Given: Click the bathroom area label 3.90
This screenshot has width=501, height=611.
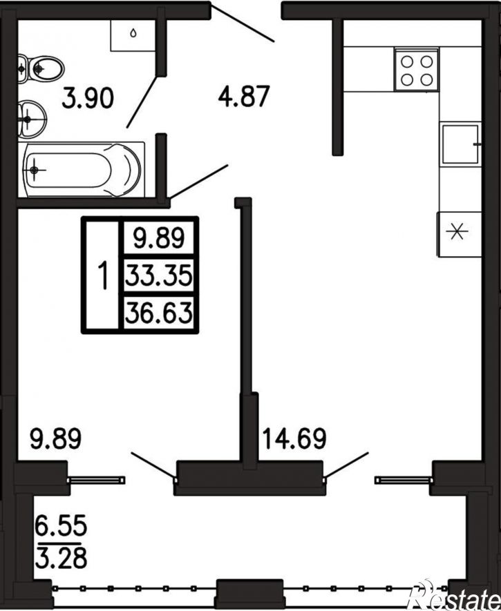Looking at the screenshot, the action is pos(88,98).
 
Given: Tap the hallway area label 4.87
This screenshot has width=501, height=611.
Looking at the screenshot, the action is pos(244,96).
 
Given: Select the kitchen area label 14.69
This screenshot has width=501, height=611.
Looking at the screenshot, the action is pos(294,438).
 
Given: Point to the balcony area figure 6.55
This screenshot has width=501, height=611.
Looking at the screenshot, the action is pos(61,525).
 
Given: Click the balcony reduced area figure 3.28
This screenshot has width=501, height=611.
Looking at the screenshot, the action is pos(61,558).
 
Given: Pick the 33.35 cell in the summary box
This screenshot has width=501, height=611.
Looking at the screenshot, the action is pos(159,275).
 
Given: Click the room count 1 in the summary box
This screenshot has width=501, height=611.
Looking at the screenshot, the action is pos(102,275).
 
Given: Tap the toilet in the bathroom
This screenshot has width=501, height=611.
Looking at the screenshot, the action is pos(41,69).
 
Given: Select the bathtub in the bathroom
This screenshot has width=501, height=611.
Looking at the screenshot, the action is pos(82,170).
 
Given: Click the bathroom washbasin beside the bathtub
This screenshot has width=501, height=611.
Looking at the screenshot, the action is pos(32,119).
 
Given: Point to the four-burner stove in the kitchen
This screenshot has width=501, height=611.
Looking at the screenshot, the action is pos(417,70).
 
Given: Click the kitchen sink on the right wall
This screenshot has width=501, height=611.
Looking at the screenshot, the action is pos(460,144).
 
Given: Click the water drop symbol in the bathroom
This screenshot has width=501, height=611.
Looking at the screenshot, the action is pos(133,34).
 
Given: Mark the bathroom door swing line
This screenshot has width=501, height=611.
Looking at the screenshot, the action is pos(142,102).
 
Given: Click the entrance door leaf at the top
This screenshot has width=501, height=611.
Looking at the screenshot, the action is pos(243,23).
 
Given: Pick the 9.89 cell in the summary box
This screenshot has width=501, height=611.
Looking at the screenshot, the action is pos(159,237).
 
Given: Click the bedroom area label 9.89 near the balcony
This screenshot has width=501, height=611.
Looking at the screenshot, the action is pos(56,438).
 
